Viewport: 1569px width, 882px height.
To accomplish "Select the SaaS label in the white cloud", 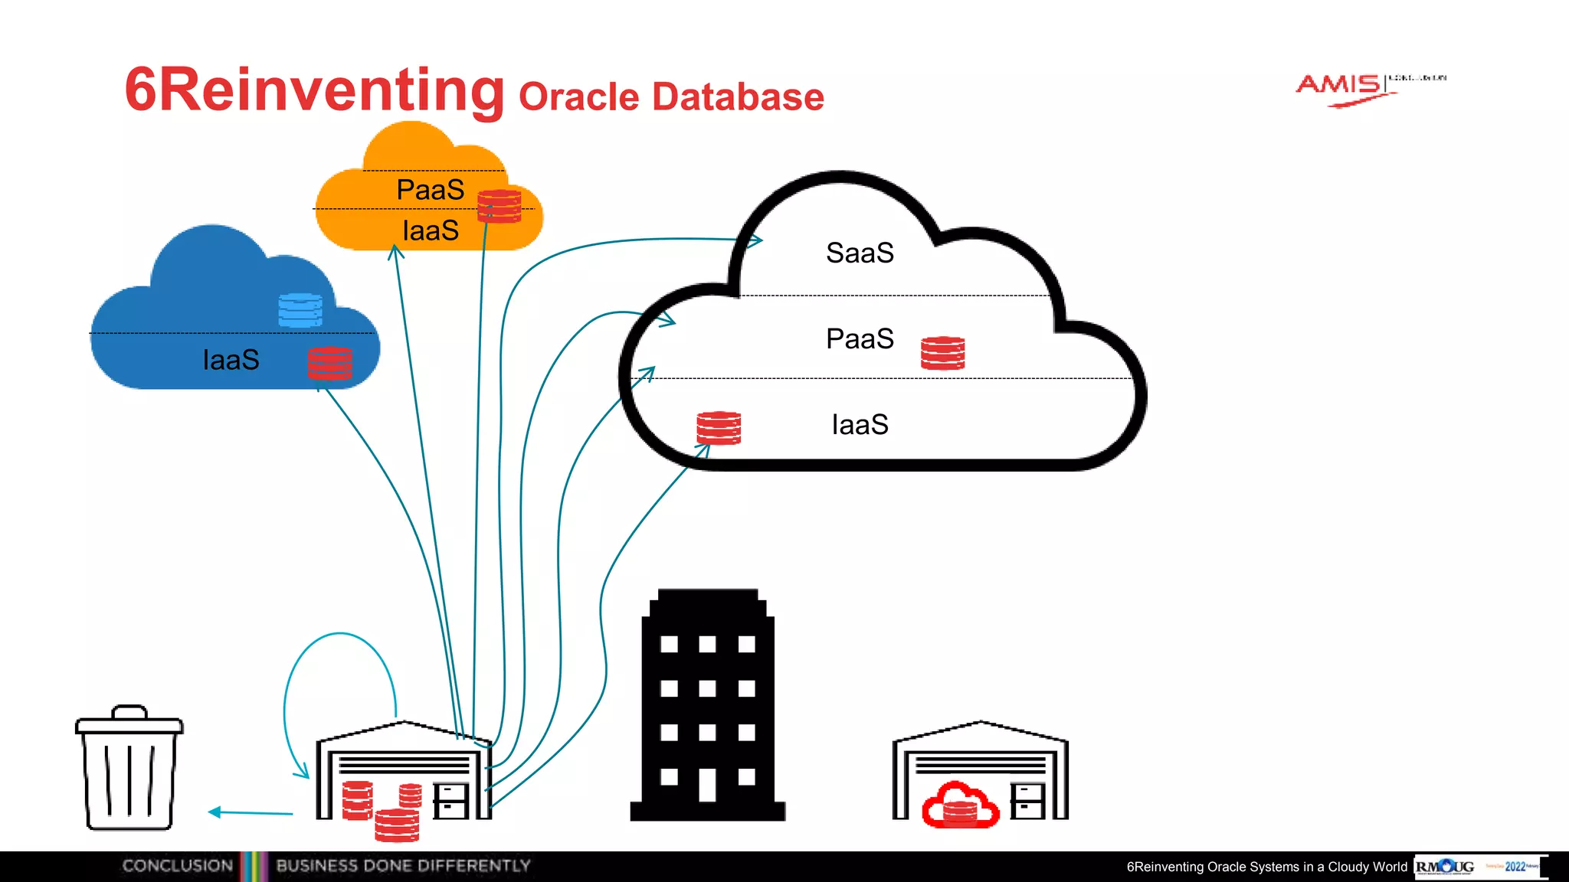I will click(860, 253).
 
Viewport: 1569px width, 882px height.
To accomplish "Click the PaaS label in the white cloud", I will click(860, 338).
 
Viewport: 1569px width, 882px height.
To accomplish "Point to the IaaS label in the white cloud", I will click(860, 424).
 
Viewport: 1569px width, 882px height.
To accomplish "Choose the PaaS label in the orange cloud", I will click(430, 190).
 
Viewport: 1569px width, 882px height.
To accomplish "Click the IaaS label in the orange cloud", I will click(430, 230).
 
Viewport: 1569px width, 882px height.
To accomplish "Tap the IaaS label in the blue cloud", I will click(231, 360).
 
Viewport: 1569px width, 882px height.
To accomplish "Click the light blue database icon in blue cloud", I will click(300, 309).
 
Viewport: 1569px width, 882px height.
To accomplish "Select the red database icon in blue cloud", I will click(330, 363).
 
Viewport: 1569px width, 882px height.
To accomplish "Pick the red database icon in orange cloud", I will click(499, 205).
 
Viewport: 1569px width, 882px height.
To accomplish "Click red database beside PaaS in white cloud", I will click(942, 353).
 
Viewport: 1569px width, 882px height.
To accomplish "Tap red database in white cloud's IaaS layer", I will click(718, 428).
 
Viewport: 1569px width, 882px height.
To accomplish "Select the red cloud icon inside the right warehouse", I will click(960, 805).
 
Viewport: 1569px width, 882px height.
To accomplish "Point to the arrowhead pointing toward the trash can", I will click(215, 812).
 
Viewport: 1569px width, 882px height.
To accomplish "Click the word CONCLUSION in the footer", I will click(177, 866).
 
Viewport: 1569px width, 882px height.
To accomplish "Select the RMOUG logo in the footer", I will click(1445, 867).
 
